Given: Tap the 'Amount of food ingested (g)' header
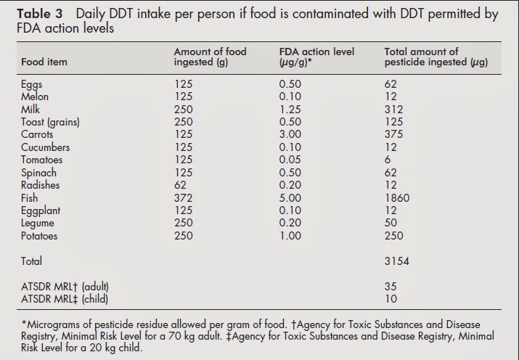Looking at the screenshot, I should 210,57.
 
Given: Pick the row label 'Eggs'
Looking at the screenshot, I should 33,85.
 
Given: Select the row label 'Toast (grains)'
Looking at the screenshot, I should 51,122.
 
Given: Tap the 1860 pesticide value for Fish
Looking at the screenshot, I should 396,197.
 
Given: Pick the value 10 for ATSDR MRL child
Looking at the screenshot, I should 390,298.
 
